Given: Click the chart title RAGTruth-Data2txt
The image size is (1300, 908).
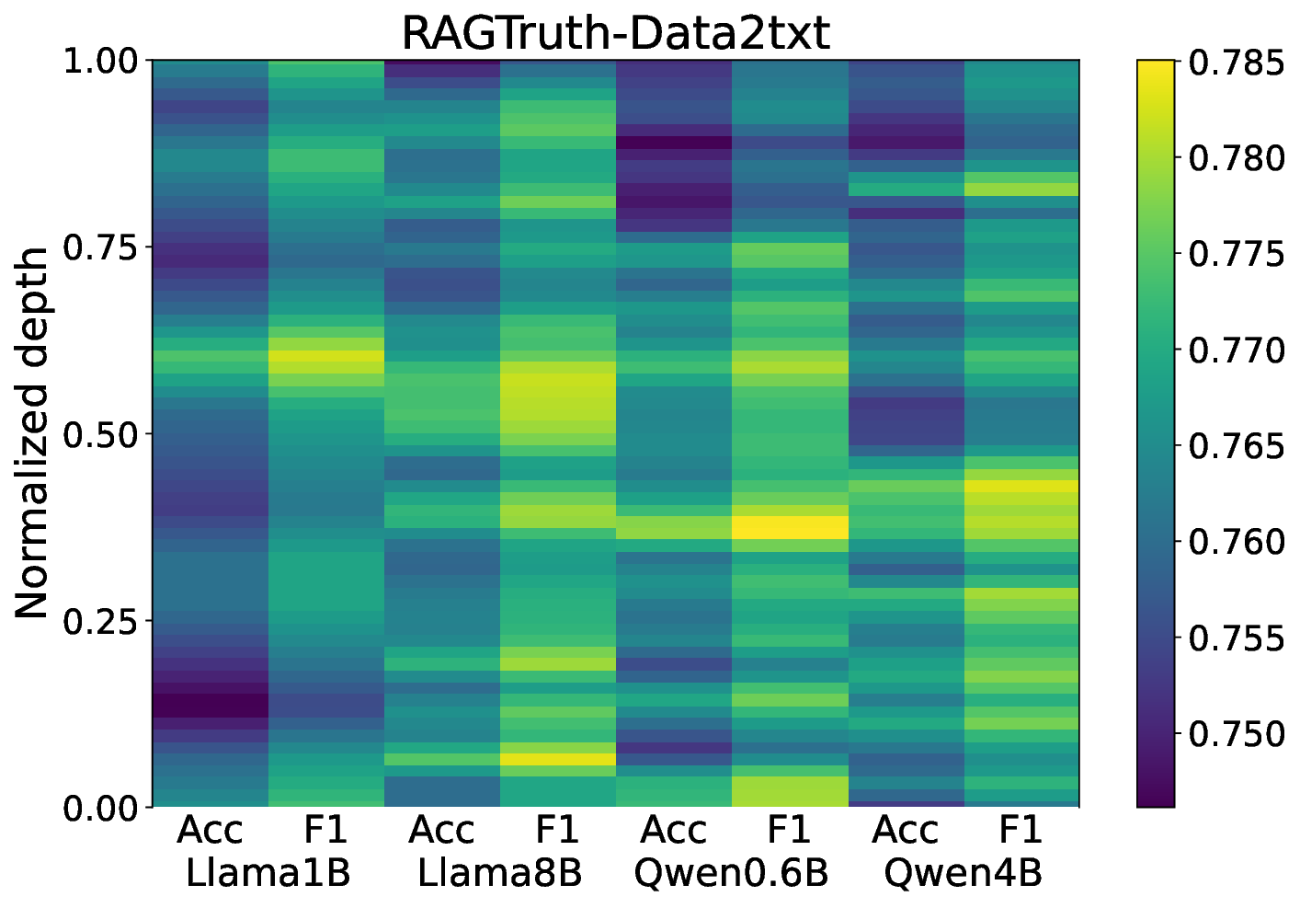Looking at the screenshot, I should click(x=615, y=33).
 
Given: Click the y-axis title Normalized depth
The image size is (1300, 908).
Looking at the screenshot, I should click(x=33, y=433).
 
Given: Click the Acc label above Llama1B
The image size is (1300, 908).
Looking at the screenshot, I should click(x=210, y=831).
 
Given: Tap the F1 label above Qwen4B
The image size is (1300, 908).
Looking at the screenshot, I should click(x=1021, y=831).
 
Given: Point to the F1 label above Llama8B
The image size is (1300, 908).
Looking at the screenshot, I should click(x=557, y=831).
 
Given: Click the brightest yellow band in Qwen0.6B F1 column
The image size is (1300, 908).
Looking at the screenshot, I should click(x=789, y=527).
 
